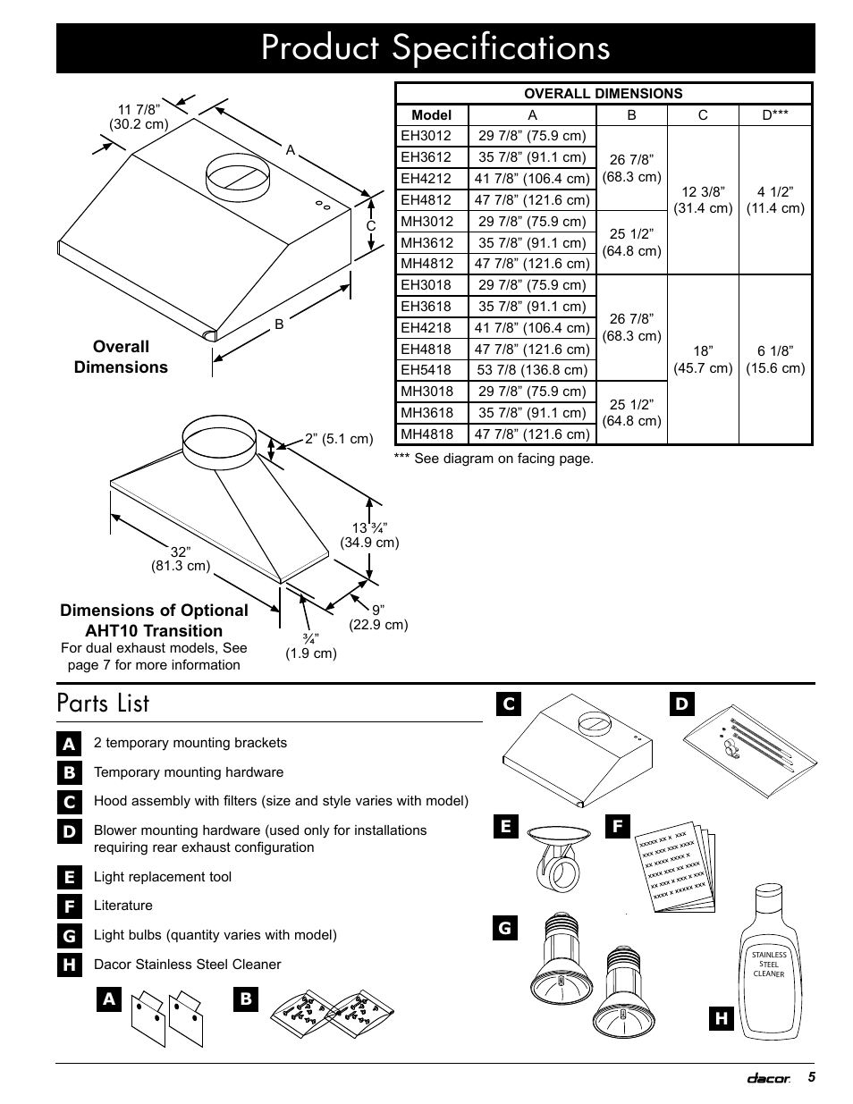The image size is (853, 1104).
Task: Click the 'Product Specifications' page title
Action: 435,48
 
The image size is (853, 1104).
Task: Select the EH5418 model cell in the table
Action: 426,370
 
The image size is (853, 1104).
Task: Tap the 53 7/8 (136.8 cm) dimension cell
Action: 532,370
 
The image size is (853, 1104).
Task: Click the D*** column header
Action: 774,115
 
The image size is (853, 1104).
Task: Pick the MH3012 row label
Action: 426,222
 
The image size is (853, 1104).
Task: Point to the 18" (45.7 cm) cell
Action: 703,359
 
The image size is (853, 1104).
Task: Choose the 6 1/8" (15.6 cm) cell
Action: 775,359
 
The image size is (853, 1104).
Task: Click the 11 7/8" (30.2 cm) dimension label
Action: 139,117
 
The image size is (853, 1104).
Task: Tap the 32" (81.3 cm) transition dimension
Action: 181,559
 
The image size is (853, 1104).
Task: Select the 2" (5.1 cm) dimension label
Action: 338,439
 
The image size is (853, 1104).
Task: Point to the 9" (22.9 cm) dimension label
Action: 378,618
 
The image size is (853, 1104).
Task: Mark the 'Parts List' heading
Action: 103,704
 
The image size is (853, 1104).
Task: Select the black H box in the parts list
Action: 69,965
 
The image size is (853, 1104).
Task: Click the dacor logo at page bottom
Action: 769,1079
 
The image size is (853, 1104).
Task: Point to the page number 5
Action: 811,1077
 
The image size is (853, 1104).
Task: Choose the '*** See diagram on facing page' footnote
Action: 494,459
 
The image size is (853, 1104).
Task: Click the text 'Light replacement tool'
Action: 163,877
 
